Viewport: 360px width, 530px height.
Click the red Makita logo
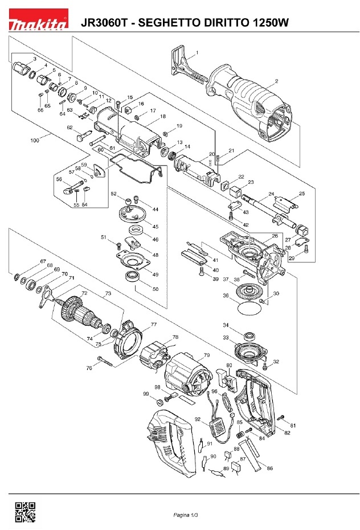[x=38, y=19]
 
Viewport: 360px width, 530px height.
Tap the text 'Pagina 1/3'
[x=186, y=515]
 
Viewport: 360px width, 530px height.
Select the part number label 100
[x=35, y=140]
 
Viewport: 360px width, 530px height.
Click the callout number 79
[x=207, y=355]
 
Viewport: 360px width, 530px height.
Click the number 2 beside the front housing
[x=276, y=81]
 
